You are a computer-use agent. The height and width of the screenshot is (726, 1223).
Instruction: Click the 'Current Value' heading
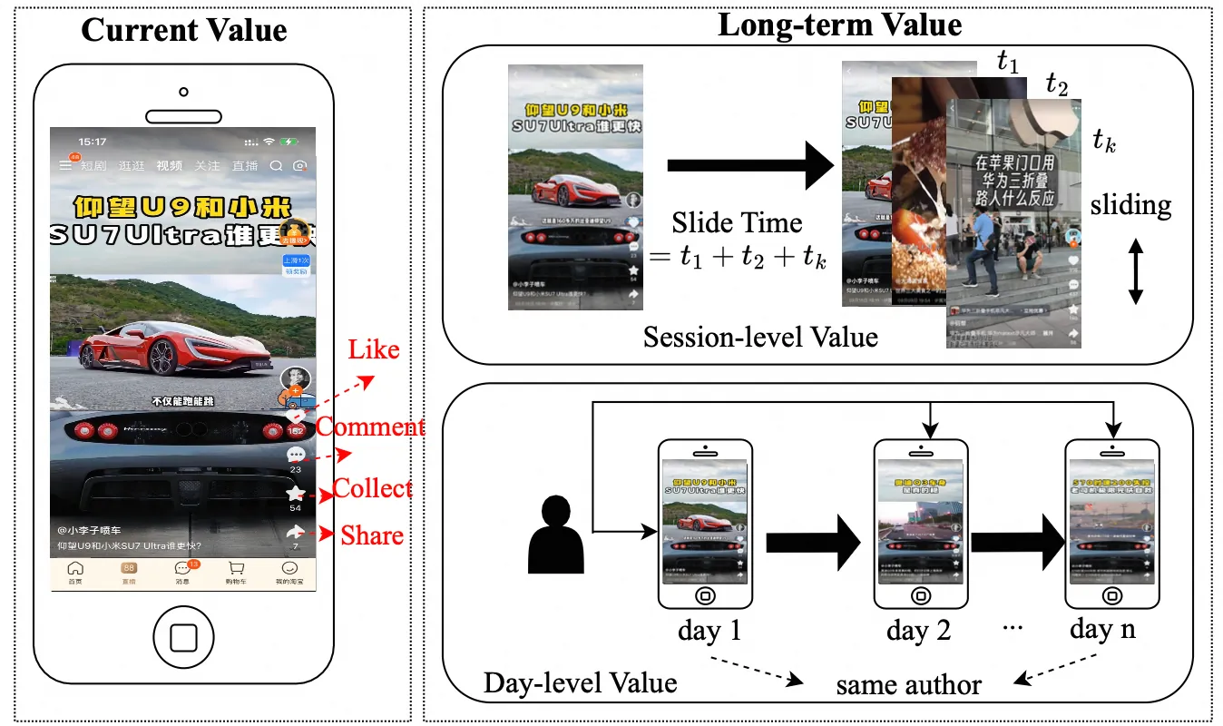click(184, 30)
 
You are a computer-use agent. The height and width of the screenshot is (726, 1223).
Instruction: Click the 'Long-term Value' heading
click(839, 24)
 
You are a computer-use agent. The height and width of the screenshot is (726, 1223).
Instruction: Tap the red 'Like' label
click(374, 350)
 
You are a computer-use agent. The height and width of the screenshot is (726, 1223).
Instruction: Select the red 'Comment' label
click(370, 427)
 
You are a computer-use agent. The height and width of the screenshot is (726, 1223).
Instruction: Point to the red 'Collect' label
click(372, 488)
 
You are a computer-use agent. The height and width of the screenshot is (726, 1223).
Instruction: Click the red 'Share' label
click(372, 535)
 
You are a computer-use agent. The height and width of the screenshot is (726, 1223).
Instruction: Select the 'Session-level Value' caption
click(760, 338)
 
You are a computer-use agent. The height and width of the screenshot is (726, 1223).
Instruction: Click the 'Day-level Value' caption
click(581, 682)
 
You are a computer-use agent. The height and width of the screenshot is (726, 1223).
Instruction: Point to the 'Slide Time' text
click(737, 223)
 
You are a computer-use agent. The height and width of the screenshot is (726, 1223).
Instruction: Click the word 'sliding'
click(1130, 205)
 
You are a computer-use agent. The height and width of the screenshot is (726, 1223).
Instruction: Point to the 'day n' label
click(1102, 630)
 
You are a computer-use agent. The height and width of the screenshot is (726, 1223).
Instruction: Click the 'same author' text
click(908, 684)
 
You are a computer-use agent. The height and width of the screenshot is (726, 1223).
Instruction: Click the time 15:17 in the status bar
click(93, 142)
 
